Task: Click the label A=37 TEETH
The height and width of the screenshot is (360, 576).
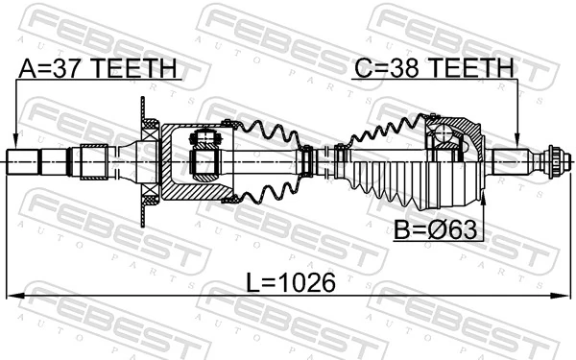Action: pyautogui.click(x=99, y=68)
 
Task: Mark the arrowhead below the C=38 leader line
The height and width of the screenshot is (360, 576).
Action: pyautogui.click(x=519, y=143)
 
